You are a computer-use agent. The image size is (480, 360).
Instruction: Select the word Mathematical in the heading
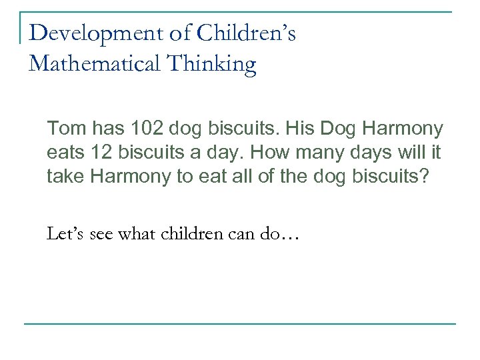[x=91, y=64]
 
